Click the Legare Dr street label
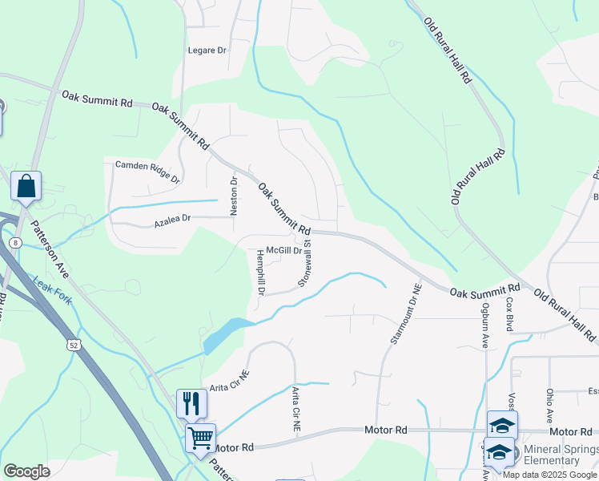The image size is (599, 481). coord(207,51)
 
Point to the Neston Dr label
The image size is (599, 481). coord(235,196)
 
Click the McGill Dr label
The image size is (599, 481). coord(283,250)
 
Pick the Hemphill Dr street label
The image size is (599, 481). coord(260,273)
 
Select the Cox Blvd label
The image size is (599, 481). coord(509,315)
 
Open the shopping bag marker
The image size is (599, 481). coord(26,186)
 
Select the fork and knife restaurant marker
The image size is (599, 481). coord(191,402)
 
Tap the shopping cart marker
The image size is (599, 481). coord(200,438)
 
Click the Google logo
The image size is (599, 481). coord(26,471)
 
